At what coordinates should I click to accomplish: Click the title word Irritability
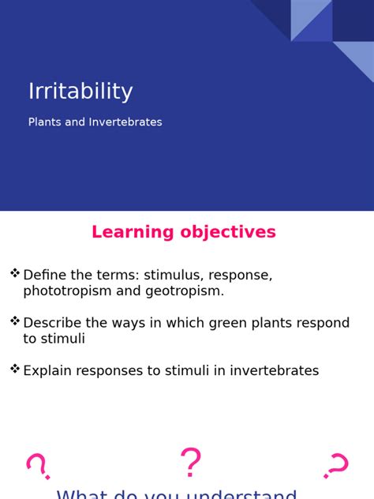(x=80, y=92)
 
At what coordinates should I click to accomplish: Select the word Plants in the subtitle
(x=45, y=122)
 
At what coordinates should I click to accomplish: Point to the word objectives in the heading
(x=227, y=232)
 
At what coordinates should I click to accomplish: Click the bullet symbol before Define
(x=15, y=273)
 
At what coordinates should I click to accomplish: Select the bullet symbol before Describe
(x=15, y=321)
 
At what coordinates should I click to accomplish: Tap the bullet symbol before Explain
(x=15, y=369)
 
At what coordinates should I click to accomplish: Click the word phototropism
(x=69, y=291)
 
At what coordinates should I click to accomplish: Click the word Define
(x=44, y=275)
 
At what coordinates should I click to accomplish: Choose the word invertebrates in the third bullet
(x=275, y=370)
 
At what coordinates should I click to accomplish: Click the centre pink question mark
(x=190, y=463)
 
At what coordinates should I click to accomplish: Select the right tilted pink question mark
(x=337, y=466)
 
